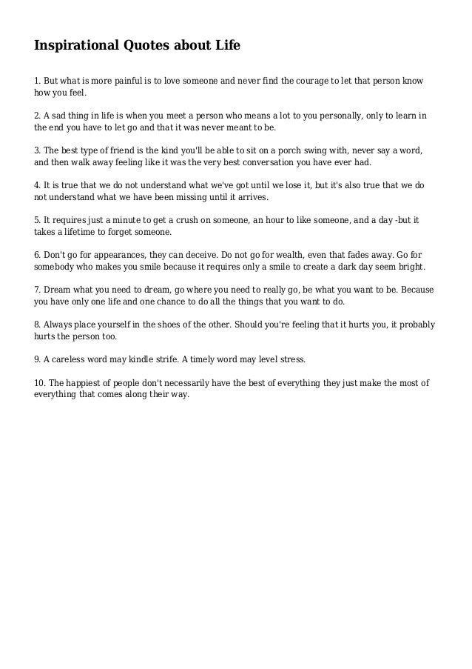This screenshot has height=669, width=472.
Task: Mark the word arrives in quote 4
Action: (251, 198)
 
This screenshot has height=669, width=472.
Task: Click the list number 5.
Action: (38, 220)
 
